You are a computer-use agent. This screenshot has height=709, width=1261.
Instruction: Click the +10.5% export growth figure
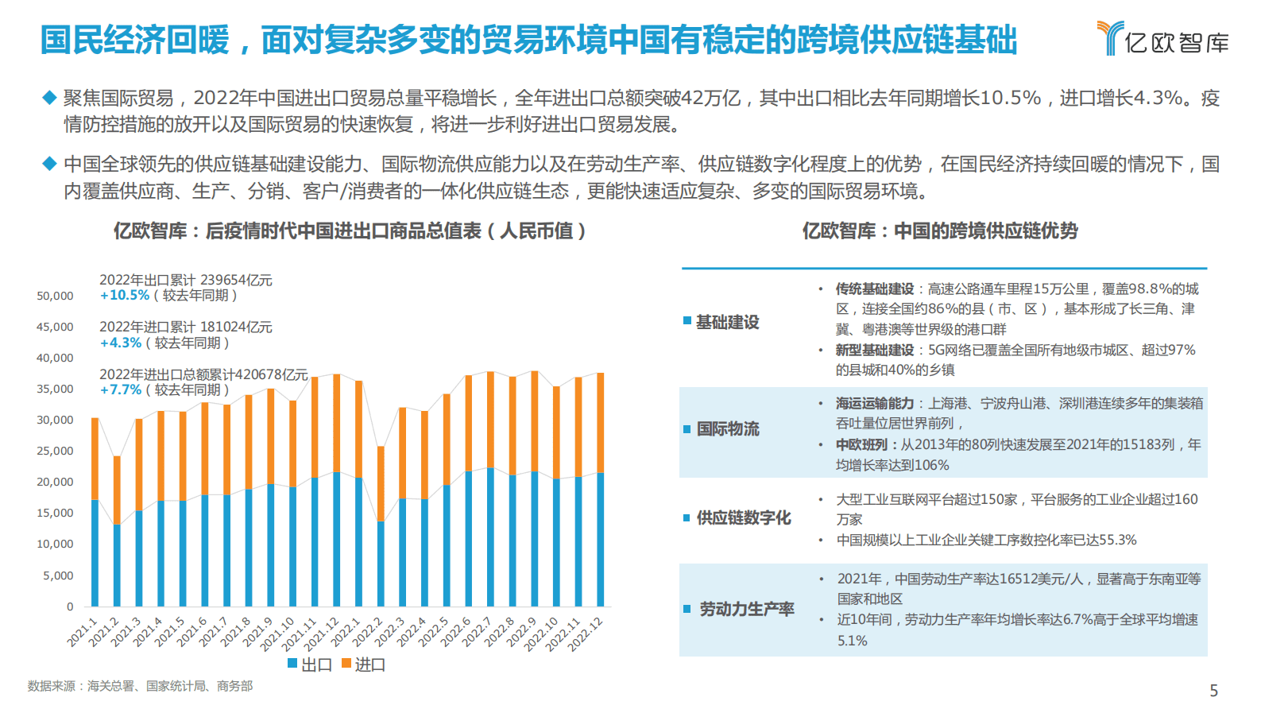coord(125,296)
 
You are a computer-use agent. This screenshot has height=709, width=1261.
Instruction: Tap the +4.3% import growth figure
coord(121,343)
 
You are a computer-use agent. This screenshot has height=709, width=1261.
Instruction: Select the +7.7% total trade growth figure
coord(121,390)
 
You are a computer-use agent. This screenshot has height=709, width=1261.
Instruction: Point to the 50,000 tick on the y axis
coord(55,296)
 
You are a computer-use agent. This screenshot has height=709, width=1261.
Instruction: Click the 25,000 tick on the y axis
coord(55,451)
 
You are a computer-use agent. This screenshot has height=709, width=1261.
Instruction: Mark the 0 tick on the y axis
coord(70,606)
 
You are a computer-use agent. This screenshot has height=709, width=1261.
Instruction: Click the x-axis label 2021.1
coord(83,631)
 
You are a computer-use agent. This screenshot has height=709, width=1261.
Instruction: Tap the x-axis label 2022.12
coord(586,634)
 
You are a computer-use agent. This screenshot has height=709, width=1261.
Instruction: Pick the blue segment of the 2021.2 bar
coord(117,564)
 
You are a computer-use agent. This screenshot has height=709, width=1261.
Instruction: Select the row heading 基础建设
coord(727,322)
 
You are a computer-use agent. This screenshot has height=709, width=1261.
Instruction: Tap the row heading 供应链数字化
coord(743,518)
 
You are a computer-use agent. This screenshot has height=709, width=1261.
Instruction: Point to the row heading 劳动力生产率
coord(746,610)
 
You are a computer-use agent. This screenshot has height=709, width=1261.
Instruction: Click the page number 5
coord(1213,691)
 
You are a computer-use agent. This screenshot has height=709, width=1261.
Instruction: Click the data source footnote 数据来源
coord(140,686)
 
